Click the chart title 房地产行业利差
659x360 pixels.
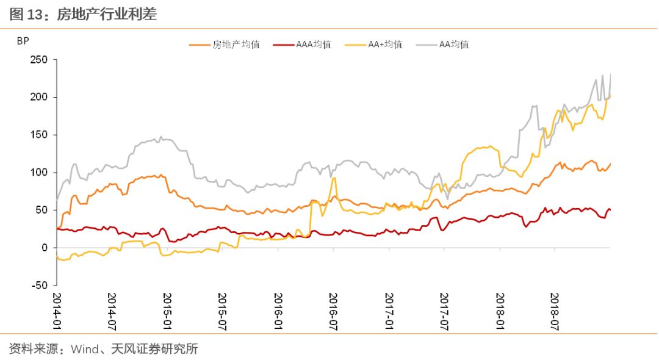tap(107, 14)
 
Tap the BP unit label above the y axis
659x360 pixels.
tap(23, 41)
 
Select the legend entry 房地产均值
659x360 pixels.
tap(225, 45)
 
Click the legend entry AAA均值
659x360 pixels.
tap(302, 45)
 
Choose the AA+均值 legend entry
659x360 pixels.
tap(373, 45)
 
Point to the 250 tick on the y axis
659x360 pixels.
tap(38, 60)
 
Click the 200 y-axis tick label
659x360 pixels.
tap(38, 97)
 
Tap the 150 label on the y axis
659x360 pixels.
tap(38, 135)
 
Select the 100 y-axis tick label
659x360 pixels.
tap(38, 172)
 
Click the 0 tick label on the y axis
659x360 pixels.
tap(45, 248)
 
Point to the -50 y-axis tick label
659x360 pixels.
tap(40, 285)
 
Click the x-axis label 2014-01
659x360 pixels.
tap(57, 311)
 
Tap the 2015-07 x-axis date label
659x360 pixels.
tap(222, 311)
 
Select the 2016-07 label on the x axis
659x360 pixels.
tap(333, 311)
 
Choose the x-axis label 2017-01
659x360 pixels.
tap(389, 311)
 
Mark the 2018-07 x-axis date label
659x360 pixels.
tap(555, 311)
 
